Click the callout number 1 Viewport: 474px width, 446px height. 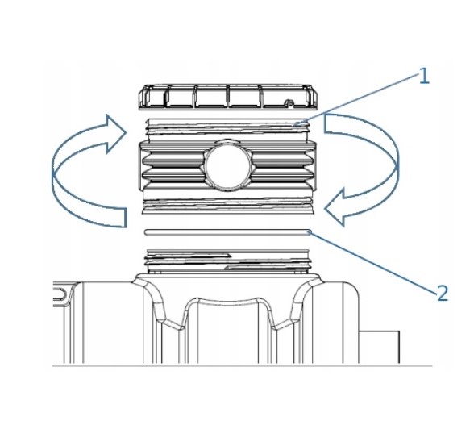pyautogui.click(x=424, y=76)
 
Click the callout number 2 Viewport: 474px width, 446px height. pyautogui.click(x=443, y=293)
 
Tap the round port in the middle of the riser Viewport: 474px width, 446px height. pyautogui.click(x=227, y=165)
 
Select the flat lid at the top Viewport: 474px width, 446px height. pyautogui.click(x=228, y=97)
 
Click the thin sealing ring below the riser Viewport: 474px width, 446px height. pyautogui.click(x=227, y=232)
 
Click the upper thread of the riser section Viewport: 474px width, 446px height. pyautogui.click(x=227, y=127)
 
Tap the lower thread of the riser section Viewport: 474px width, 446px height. pyautogui.click(x=227, y=206)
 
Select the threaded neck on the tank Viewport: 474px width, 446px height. pyautogui.click(x=227, y=261)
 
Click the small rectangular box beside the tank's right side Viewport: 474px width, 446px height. pyautogui.click(x=379, y=347)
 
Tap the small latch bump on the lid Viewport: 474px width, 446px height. pyautogui.click(x=289, y=102)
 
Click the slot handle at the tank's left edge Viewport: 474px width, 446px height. pyautogui.click(x=60, y=294)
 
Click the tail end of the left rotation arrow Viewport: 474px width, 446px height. pyautogui.click(x=126, y=218)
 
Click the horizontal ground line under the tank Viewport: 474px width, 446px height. pyautogui.click(x=242, y=366)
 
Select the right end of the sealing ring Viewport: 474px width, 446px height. pyautogui.click(x=310, y=232)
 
